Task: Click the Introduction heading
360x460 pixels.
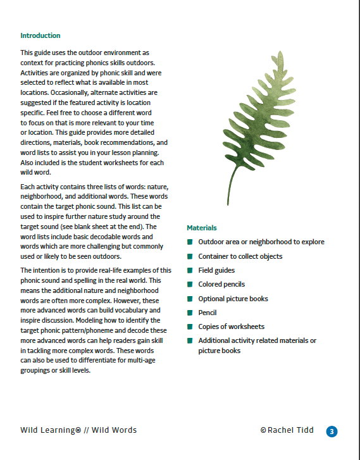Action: [40, 36]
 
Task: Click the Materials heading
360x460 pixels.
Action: [202, 228]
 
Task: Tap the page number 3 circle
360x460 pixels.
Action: [332, 432]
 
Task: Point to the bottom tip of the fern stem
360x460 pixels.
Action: [228, 204]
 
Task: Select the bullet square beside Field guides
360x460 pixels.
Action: [190, 271]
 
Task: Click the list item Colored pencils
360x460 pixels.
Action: [221, 285]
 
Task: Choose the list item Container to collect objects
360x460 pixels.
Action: [240, 256]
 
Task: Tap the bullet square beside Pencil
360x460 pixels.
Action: [190, 313]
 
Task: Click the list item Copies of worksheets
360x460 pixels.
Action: [231, 326]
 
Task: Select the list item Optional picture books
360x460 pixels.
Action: [233, 299]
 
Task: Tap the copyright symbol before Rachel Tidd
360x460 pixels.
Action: [264, 430]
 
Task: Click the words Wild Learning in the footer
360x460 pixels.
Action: [47, 430]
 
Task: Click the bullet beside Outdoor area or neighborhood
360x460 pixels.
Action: [190, 242]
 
